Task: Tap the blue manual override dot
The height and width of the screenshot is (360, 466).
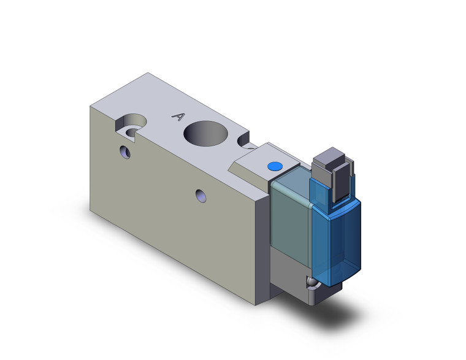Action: (x=274, y=167)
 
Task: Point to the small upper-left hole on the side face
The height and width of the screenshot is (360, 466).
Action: (x=126, y=151)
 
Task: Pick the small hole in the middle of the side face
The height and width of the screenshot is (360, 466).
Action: (x=200, y=196)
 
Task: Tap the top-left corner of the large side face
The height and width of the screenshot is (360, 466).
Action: (x=90, y=105)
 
